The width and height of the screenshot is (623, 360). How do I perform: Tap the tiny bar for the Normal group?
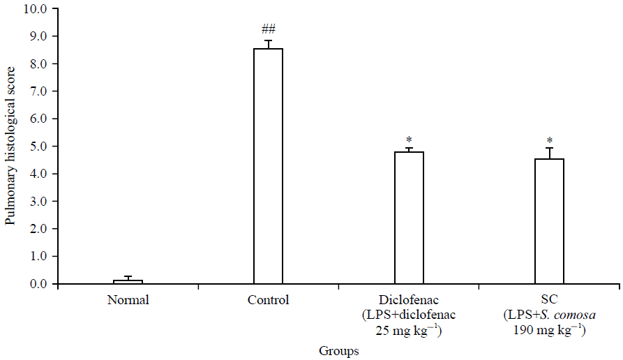tap(128, 282)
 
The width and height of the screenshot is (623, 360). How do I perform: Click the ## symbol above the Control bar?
tap(268, 29)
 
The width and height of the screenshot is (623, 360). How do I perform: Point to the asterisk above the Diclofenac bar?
tap(409, 139)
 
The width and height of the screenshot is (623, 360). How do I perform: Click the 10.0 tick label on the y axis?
tap(33, 9)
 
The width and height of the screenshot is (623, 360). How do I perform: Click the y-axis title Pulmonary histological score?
tap(10, 147)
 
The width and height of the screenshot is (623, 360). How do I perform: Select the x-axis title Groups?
tap(339, 351)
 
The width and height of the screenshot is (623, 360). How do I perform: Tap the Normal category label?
tap(128, 300)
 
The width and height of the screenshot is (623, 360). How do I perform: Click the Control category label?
tap(268, 300)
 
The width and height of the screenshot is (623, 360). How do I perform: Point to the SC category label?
tap(549, 300)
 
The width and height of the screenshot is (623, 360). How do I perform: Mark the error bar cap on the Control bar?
tap(268, 40)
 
